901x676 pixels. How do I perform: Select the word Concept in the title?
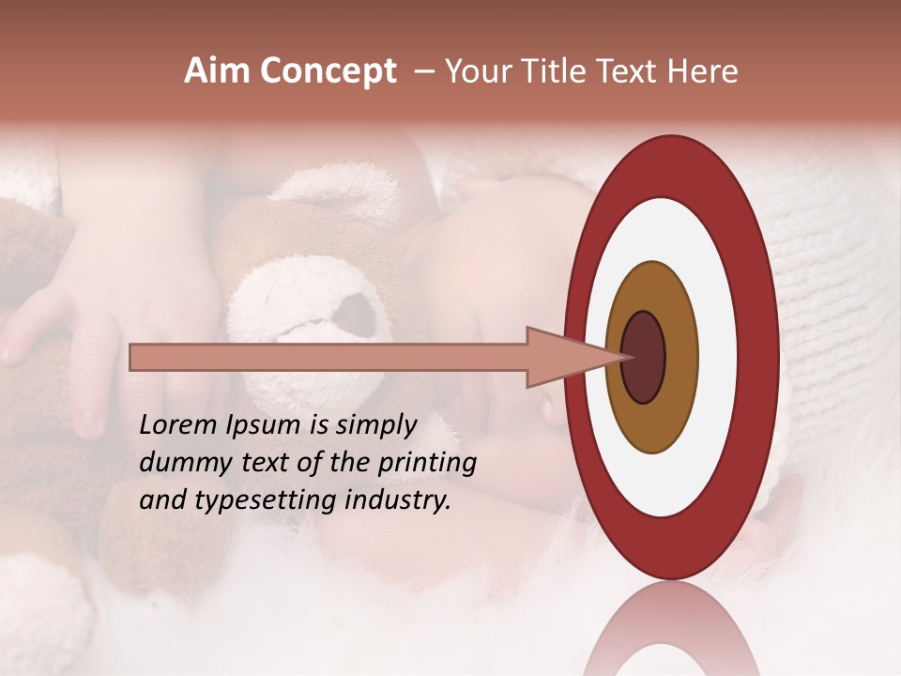(328, 71)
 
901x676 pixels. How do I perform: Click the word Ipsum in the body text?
(272, 425)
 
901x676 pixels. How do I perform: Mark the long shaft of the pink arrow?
(328, 357)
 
